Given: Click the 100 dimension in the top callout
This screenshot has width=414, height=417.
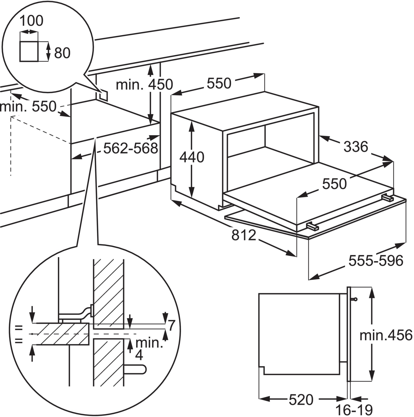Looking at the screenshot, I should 31,21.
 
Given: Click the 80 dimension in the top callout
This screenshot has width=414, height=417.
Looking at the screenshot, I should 62,53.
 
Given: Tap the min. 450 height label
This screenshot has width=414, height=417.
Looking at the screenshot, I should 144,84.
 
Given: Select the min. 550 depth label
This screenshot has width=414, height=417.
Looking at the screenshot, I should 28,106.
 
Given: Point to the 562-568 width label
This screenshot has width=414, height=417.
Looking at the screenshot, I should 131,148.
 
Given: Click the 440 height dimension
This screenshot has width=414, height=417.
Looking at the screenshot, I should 192,157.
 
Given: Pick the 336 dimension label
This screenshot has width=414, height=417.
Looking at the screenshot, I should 356,147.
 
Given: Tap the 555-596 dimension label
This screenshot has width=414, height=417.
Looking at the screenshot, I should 376,261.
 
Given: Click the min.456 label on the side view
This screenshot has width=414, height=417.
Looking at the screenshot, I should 386,335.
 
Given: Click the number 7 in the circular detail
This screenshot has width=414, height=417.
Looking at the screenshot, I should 171,325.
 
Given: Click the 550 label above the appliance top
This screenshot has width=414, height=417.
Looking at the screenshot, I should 219,83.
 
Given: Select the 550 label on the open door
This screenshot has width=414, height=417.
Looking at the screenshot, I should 335,184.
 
